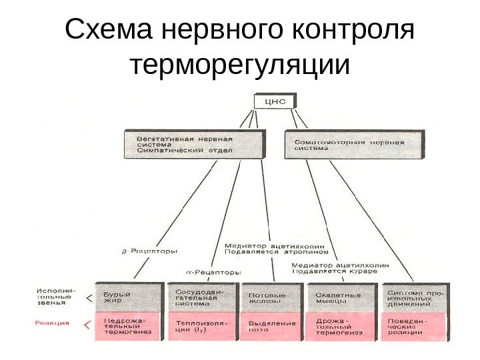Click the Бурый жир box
tap(129, 298)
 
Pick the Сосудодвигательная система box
tap(201, 297)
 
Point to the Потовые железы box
tap(272, 298)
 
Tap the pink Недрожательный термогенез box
tap(129, 327)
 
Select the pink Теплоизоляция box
tap(201, 327)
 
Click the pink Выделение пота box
tap(272, 327)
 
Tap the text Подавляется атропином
tap(277, 253)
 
